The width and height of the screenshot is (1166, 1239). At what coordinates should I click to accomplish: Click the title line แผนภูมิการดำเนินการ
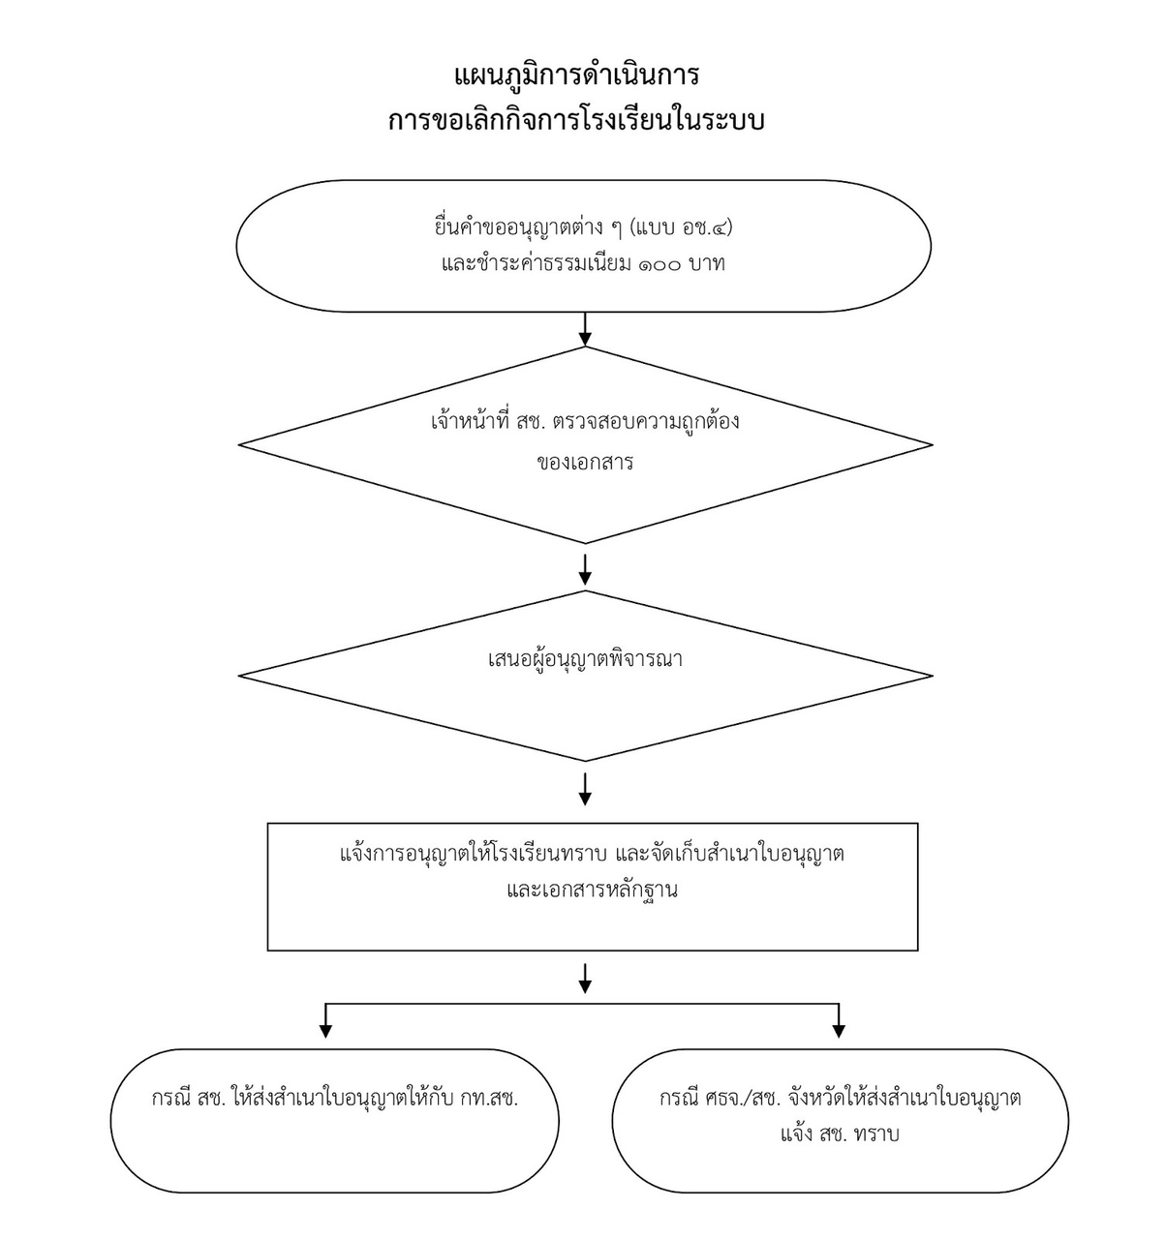tap(576, 76)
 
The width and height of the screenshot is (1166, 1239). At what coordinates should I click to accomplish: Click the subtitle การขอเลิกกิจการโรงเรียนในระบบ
tap(576, 119)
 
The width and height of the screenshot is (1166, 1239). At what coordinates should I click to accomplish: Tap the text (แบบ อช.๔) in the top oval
tap(681, 227)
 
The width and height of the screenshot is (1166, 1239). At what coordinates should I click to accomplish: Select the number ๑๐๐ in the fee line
tap(660, 264)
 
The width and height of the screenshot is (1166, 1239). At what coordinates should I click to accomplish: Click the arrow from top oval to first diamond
tap(585, 329)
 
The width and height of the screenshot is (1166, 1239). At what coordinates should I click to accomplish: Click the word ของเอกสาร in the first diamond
tap(585, 463)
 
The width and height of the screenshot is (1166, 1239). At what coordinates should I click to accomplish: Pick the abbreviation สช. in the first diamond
tap(532, 422)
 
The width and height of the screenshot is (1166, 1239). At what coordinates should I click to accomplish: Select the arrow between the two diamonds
tap(585, 569)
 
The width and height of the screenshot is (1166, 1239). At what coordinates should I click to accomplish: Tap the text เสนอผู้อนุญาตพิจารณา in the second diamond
tap(585, 659)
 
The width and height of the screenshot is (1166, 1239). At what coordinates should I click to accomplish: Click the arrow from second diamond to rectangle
tap(585, 789)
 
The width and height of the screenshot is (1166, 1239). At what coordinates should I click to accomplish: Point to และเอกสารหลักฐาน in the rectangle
tap(592, 890)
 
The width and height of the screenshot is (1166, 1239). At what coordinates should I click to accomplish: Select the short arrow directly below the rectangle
tap(585, 979)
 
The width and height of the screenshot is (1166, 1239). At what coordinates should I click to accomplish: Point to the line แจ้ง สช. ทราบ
tap(840, 1133)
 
